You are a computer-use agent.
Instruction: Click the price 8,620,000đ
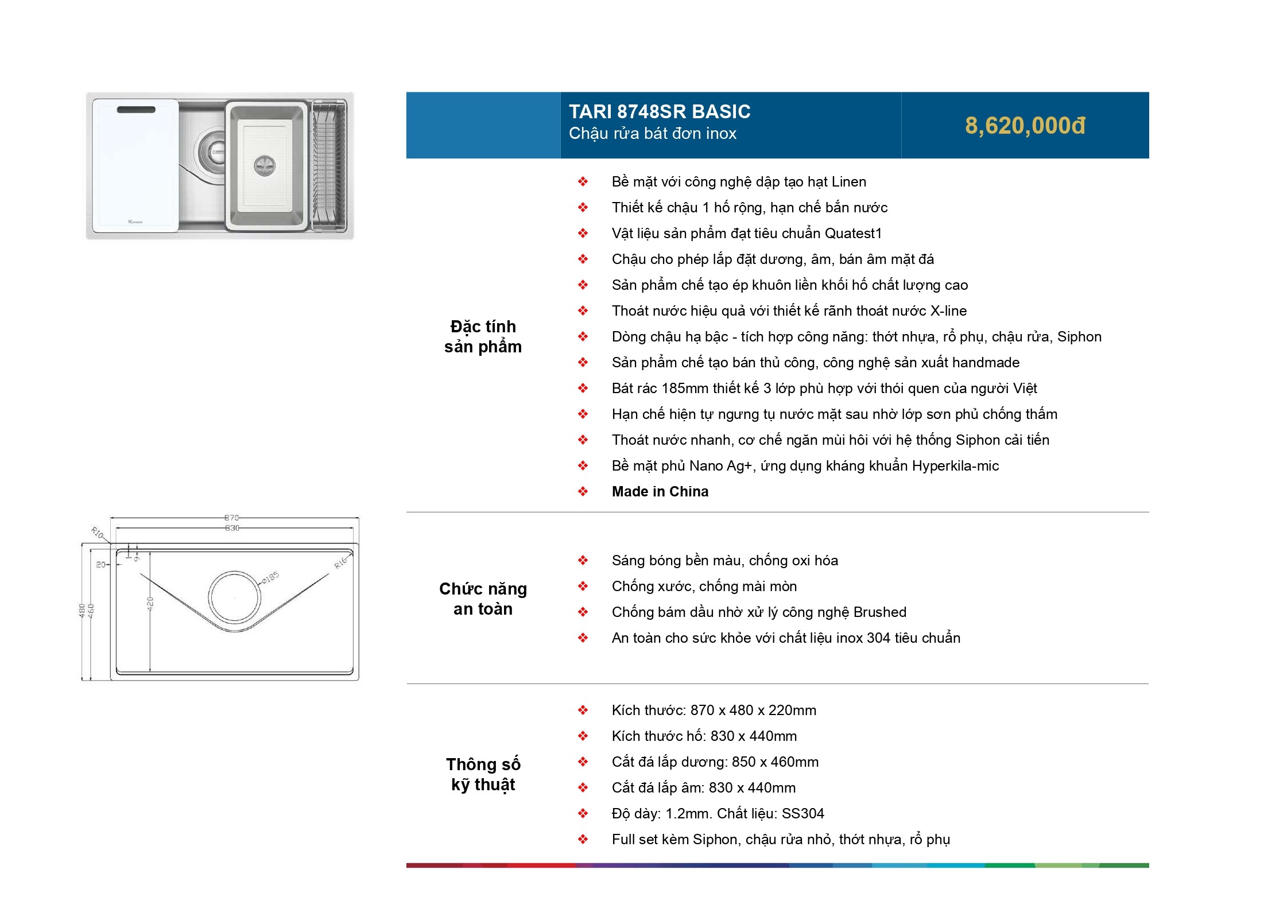click(x=1025, y=126)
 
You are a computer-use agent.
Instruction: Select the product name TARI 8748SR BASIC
click(x=660, y=111)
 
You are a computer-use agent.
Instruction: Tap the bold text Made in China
click(x=660, y=492)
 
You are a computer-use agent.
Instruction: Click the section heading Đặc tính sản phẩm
click(x=483, y=336)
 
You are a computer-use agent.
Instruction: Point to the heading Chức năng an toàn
click(x=483, y=599)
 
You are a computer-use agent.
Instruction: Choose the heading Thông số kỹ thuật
click(x=483, y=774)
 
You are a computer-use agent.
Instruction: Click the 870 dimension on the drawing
click(x=232, y=518)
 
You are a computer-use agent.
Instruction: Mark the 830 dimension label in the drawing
click(x=232, y=528)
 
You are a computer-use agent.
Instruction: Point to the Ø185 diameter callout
click(x=270, y=577)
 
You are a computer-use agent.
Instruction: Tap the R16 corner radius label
click(x=341, y=562)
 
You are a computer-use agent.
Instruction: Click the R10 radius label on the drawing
click(x=98, y=533)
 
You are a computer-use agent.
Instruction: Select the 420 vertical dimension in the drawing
click(x=150, y=604)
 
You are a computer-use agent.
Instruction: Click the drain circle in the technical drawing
click(x=235, y=597)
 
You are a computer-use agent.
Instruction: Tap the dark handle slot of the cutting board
click(x=136, y=110)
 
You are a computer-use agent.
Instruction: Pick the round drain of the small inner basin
click(x=265, y=166)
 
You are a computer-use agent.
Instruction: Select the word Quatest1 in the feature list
click(x=853, y=234)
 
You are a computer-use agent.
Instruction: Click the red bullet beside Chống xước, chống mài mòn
click(x=583, y=587)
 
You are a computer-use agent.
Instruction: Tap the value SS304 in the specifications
click(x=802, y=814)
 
